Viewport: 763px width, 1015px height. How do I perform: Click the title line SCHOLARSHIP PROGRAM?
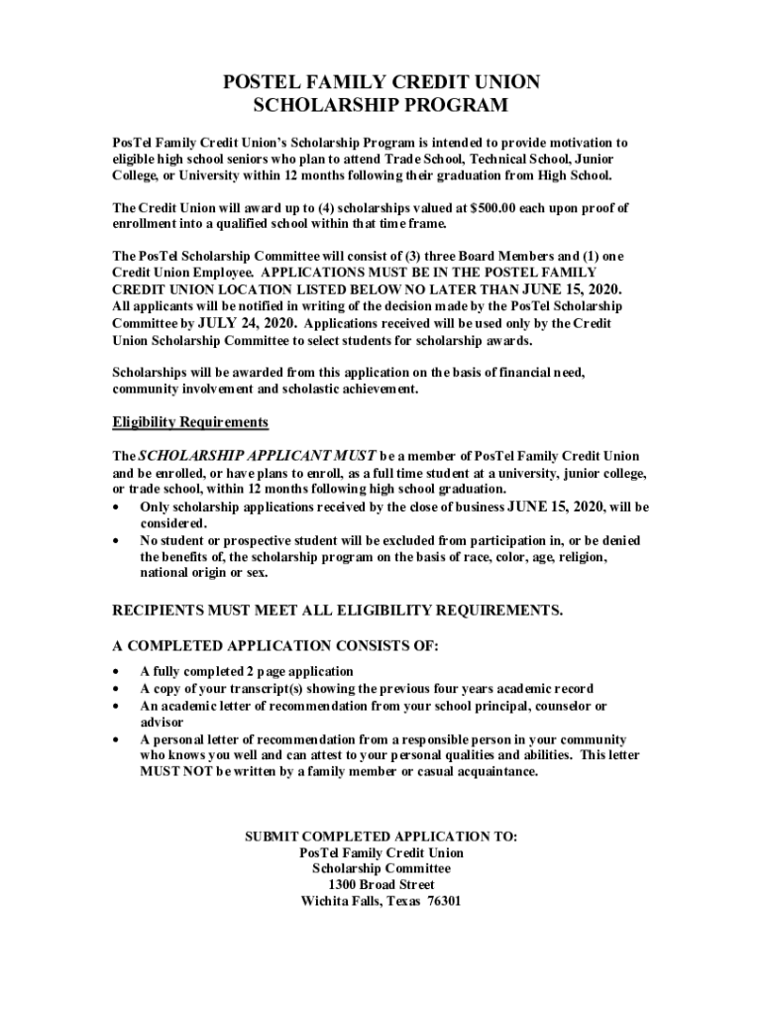pos(381,105)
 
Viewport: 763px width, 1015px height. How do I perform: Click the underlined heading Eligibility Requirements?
pos(190,422)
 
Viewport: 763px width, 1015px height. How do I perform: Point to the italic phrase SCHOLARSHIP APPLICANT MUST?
pos(257,455)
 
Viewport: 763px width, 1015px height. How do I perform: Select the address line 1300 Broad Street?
pos(381,884)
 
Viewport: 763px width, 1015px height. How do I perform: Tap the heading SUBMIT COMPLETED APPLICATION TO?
pos(381,837)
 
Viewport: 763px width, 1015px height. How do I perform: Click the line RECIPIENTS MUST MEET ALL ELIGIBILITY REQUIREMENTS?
pos(338,610)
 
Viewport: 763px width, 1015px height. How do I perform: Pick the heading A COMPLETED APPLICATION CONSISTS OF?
pos(275,644)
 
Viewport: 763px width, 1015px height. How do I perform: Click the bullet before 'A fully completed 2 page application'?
pos(119,672)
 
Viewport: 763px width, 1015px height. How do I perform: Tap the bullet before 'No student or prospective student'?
pos(119,541)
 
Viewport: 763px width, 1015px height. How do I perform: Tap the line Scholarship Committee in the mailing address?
pos(381,868)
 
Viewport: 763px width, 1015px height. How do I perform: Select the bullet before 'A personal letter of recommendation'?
pos(119,739)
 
